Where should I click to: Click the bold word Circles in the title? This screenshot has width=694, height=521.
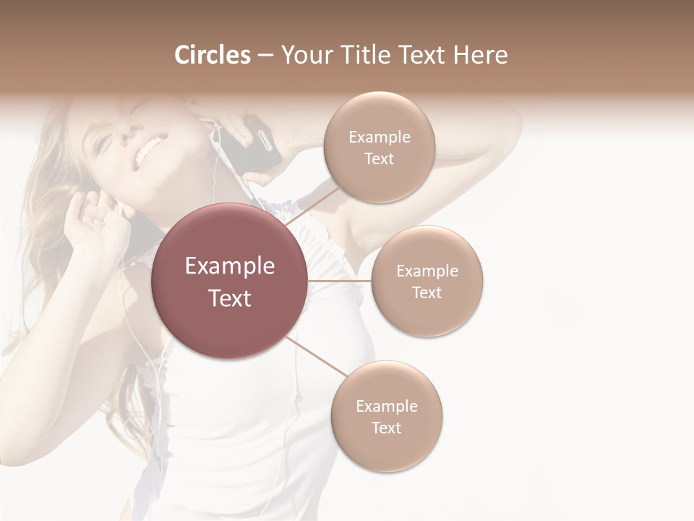[212, 55]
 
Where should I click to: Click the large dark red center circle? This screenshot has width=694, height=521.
[230, 281]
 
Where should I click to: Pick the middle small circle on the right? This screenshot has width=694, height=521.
[427, 281]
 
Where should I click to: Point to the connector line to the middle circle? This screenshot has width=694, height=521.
[340, 281]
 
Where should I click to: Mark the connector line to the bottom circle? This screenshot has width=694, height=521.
[317, 357]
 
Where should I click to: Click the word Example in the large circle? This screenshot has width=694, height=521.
[230, 266]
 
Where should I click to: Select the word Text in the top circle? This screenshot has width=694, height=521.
[379, 159]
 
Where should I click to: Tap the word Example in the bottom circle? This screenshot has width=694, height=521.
[387, 406]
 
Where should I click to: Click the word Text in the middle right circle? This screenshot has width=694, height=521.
[427, 292]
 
